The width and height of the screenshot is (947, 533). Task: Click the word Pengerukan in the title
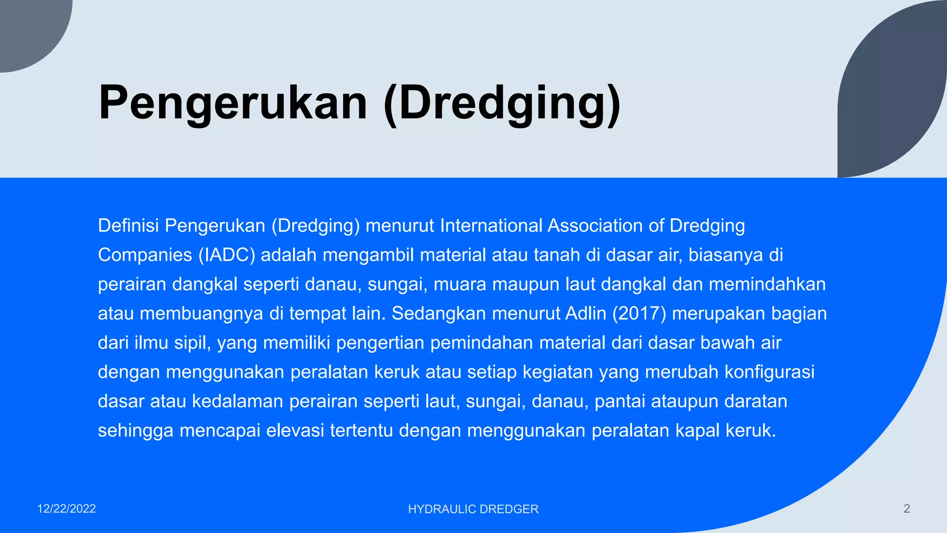(x=233, y=103)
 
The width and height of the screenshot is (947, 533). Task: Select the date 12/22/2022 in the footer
(x=67, y=509)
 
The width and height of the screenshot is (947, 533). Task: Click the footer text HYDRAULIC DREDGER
(x=473, y=509)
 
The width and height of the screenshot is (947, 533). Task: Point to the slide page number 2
(x=906, y=509)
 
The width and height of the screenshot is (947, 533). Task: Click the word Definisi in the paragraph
(x=128, y=226)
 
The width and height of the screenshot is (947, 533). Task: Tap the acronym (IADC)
(x=227, y=255)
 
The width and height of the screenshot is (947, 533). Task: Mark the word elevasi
(x=295, y=431)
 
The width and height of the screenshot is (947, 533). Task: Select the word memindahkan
(x=767, y=284)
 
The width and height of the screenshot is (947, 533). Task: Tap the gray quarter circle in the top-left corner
(x=28, y=28)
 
